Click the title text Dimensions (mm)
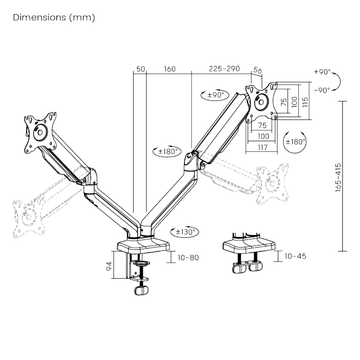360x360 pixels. coord(53,17)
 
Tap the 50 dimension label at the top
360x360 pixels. coord(140,69)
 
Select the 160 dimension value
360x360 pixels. coord(169,69)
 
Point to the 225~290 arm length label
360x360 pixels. coord(224,69)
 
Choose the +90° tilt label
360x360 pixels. coord(322,71)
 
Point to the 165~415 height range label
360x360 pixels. coord(338,176)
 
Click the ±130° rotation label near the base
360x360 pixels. coord(185,231)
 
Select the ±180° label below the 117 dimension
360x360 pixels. coord(295,141)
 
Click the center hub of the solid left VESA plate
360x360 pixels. coord(39,133)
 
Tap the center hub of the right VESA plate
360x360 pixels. coord(262,101)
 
